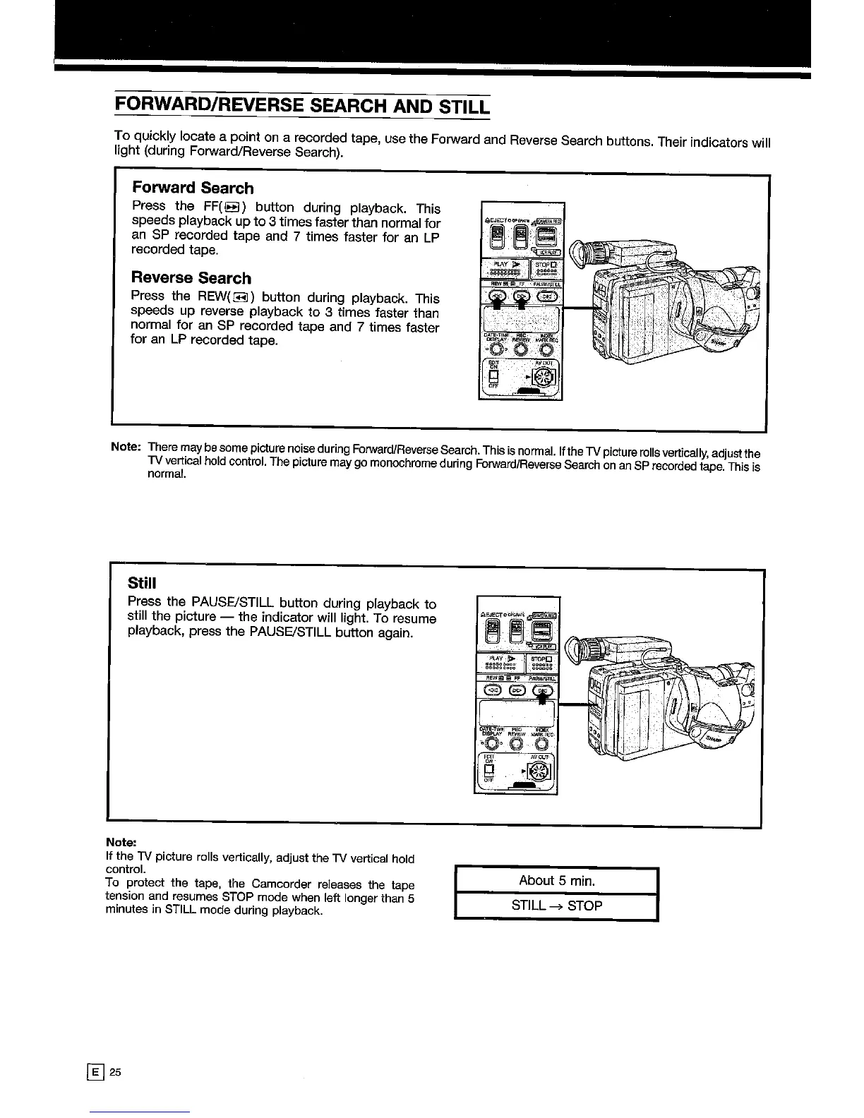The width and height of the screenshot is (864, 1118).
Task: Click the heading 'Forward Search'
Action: pos(192,188)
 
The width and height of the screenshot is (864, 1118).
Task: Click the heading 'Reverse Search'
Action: pos(191,278)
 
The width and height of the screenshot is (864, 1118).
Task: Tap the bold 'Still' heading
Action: pos(141,583)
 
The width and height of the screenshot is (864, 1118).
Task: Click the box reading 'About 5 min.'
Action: pos(556,880)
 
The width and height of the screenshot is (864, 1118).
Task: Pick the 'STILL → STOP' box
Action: pos(556,906)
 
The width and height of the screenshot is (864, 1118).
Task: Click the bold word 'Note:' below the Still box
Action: pos(120,842)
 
